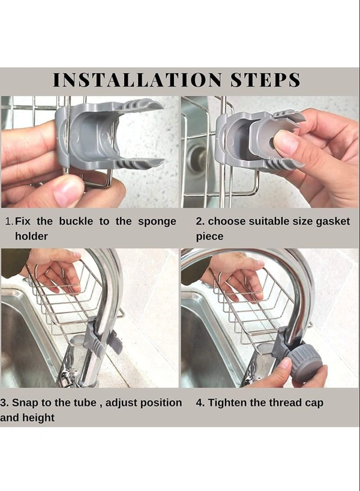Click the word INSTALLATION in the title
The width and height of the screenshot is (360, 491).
coord(137,80)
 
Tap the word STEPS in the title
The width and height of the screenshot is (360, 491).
coord(265,80)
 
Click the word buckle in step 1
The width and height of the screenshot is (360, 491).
coord(76,221)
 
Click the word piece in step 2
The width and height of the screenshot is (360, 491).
coord(209,236)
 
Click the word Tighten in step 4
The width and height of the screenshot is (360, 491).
coord(227,403)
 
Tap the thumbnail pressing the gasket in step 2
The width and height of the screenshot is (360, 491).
coord(286,143)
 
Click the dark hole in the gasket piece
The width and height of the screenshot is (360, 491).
coord(271,143)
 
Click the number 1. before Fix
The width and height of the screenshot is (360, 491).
coord(10,221)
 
